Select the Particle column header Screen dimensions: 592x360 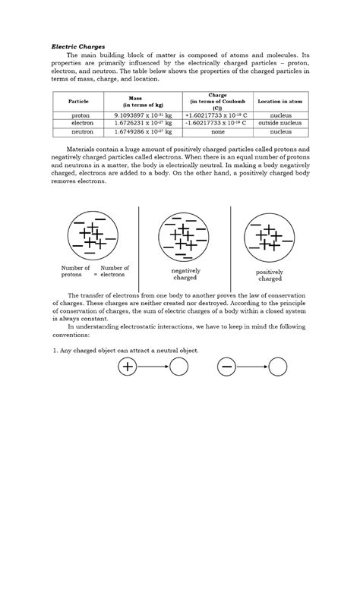pos(78,101)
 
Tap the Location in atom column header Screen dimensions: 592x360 pos(281,101)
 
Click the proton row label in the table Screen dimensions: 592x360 pos(78,115)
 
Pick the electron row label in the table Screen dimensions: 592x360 pos(78,122)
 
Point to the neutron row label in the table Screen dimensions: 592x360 pos(78,131)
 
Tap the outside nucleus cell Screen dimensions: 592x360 pos(281,122)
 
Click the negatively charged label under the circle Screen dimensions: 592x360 pos(185,274)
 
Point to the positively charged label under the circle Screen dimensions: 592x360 pos(270,276)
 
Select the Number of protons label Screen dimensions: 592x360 pos(76,271)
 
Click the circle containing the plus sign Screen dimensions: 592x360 pos(127,367)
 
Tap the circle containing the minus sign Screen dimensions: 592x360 pos(226,367)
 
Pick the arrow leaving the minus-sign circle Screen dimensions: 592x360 pos(252,367)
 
